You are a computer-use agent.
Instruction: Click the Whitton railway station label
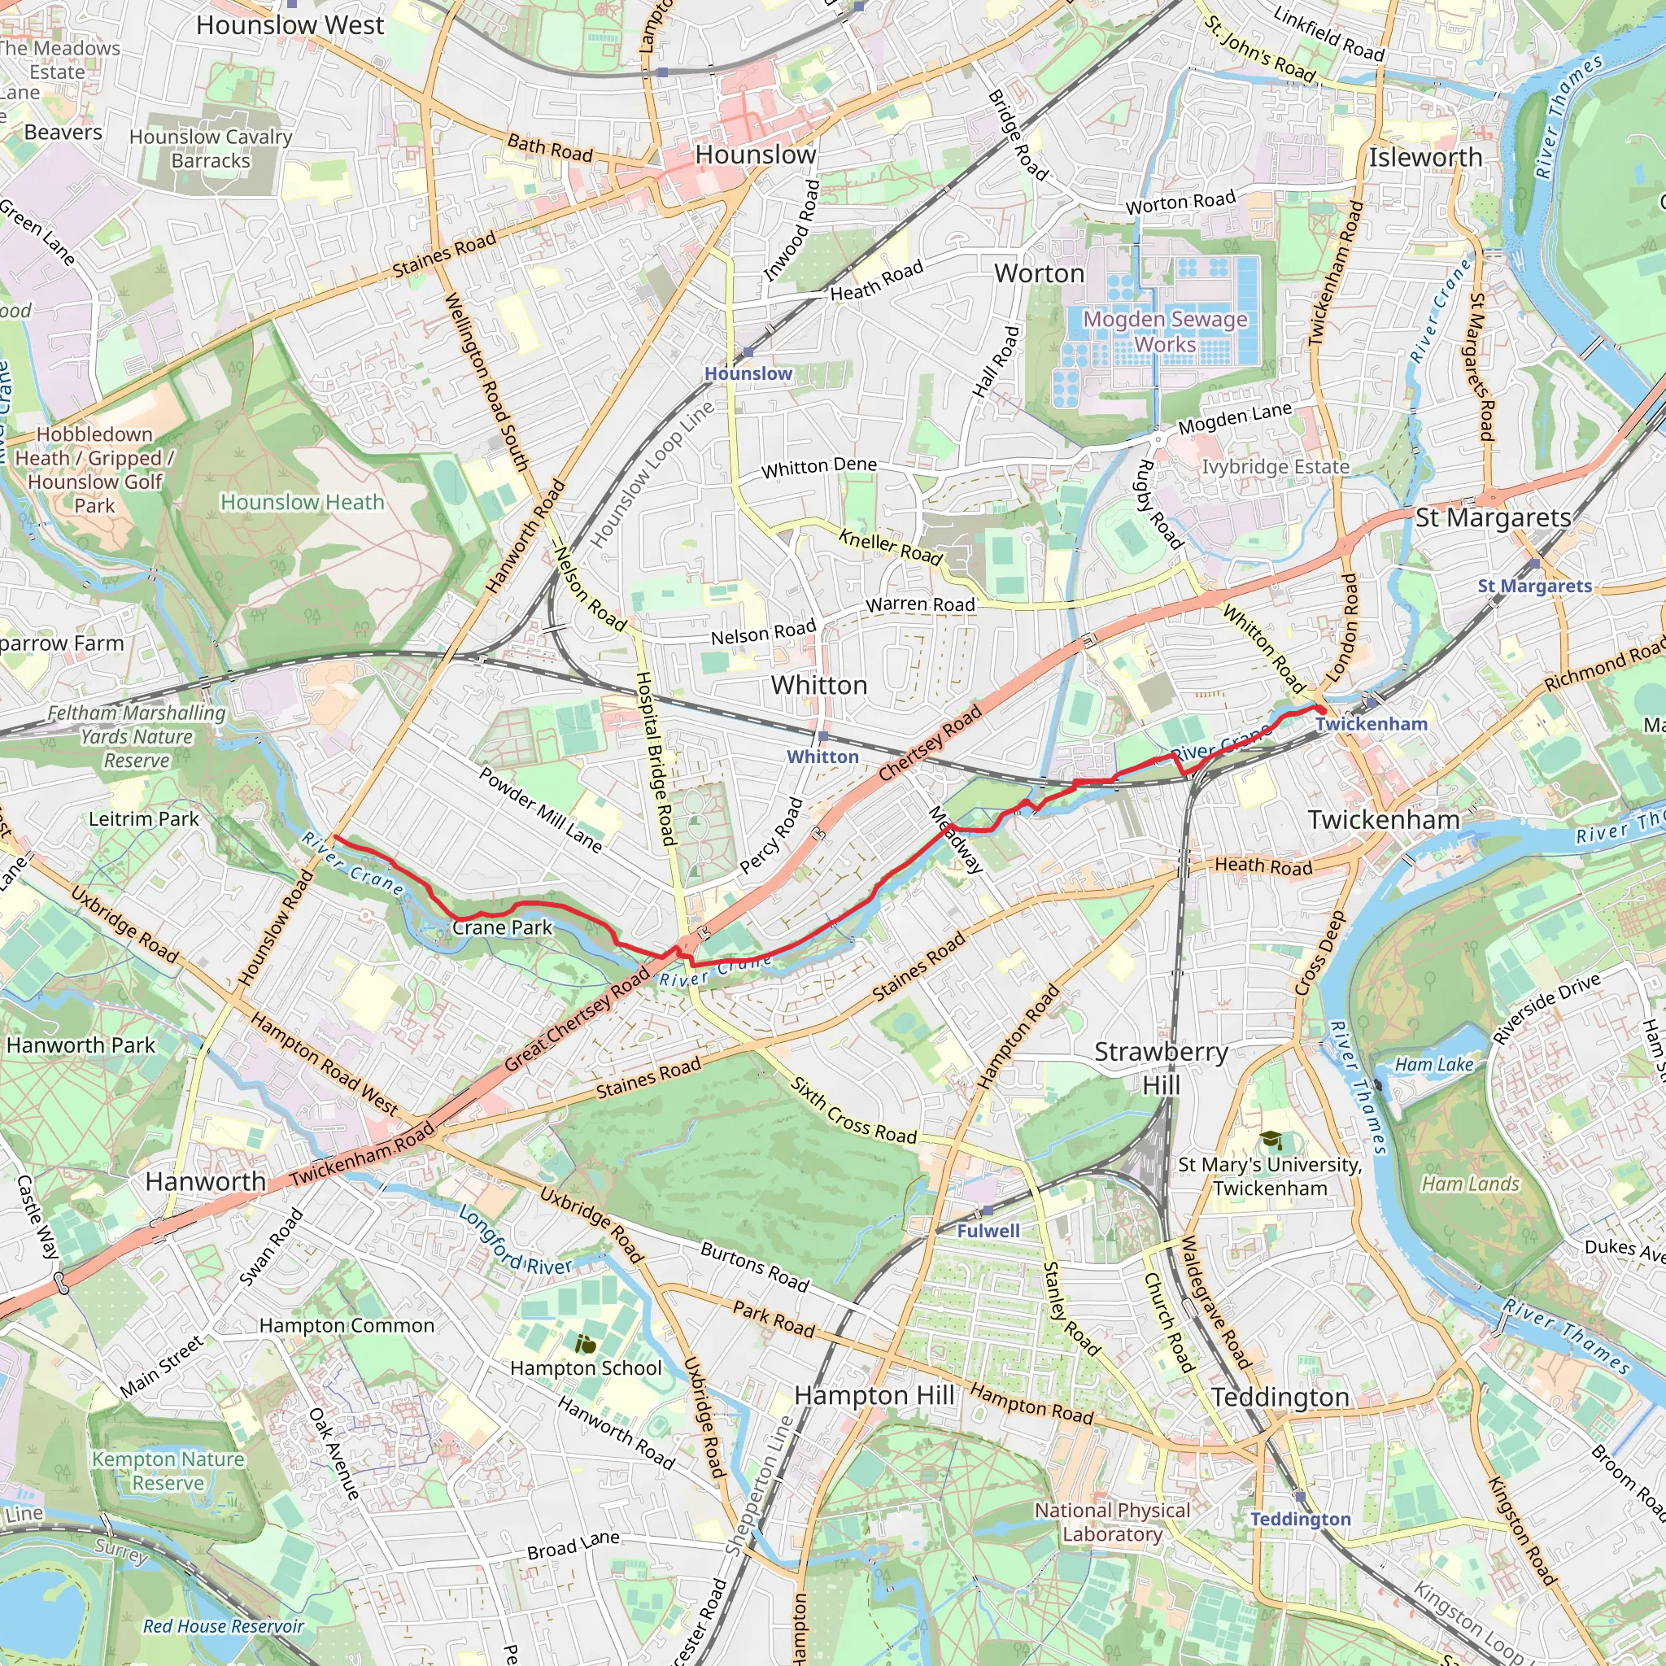tap(822, 757)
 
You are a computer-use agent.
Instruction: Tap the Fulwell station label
tap(988, 1231)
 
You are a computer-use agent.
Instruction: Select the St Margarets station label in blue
tap(1535, 586)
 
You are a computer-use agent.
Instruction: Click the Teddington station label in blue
tap(1301, 1519)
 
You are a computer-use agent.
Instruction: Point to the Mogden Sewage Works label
tap(1165, 331)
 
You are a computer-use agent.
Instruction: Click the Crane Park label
tap(502, 928)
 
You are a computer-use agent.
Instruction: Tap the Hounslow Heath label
tap(302, 502)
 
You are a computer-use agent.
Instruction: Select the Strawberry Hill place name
tap(1161, 1067)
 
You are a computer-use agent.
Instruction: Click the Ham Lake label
tap(1434, 1064)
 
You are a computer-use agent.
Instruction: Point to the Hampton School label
tap(586, 1367)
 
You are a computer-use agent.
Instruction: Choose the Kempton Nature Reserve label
tap(168, 1470)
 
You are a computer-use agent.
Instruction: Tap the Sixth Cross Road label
tap(853, 1110)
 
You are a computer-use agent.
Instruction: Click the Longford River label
tap(515, 1241)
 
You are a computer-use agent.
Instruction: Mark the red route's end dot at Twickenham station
tap(1320, 709)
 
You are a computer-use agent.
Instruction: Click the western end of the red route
tap(334, 837)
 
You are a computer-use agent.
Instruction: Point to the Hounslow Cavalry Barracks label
tap(211, 148)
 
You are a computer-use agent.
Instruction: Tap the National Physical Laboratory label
tap(1112, 1522)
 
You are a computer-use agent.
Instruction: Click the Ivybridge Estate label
tap(1276, 466)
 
